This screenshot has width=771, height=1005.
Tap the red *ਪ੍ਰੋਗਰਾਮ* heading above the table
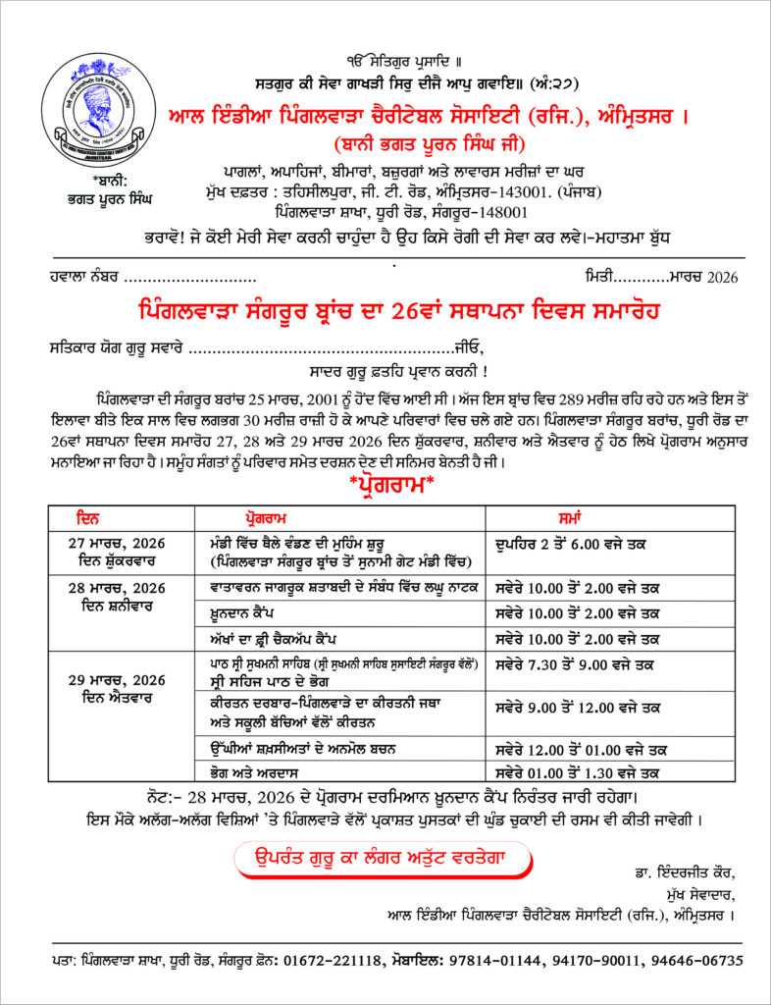(x=385, y=485)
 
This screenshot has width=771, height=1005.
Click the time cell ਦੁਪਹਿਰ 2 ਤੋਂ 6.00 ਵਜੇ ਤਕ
(x=578, y=543)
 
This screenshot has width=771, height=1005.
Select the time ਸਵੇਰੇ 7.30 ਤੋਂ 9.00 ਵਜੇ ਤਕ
(x=577, y=664)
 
